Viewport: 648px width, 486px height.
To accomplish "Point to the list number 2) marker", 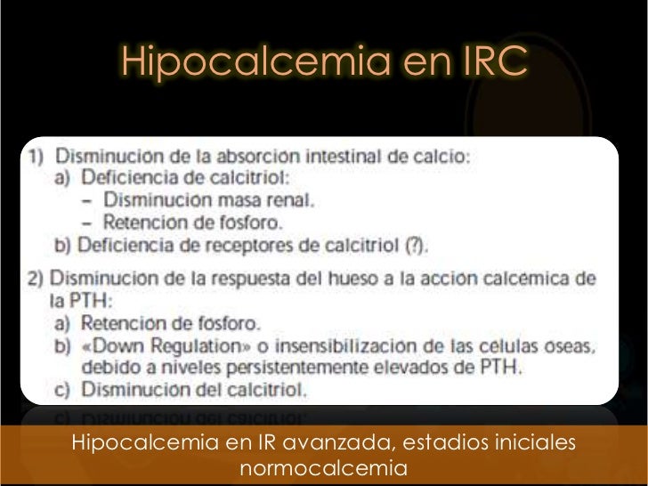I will click(35, 278).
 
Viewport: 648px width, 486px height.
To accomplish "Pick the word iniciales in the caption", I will click(536, 441).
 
